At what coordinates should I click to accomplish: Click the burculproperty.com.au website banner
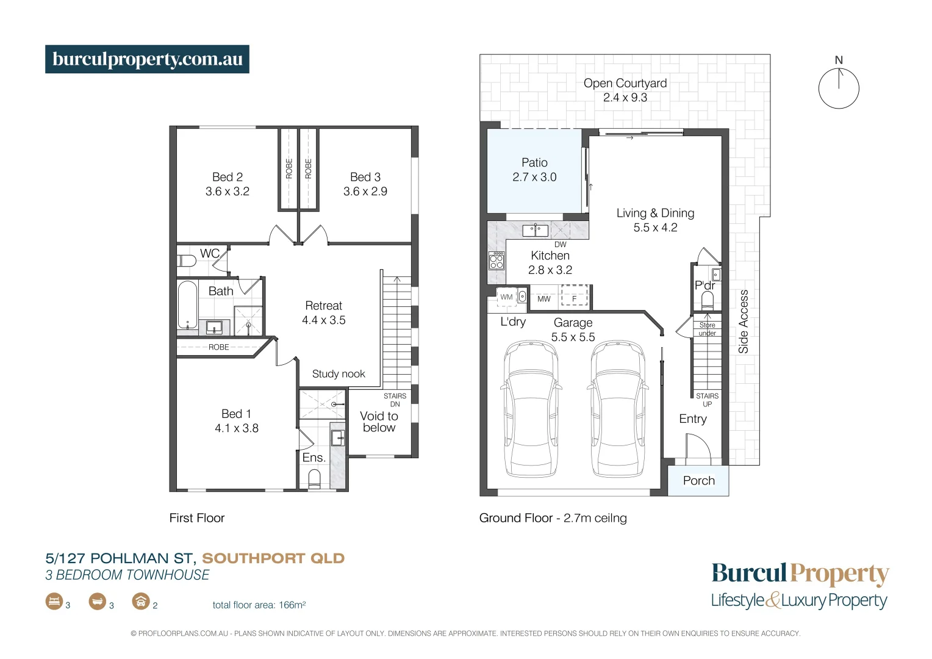pyautogui.click(x=147, y=59)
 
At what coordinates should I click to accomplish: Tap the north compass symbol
pyautogui.click(x=839, y=87)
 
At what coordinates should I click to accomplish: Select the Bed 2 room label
pyautogui.click(x=228, y=177)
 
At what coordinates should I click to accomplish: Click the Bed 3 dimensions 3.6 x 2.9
pyautogui.click(x=365, y=192)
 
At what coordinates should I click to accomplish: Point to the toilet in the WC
pyautogui.click(x=187, y=261)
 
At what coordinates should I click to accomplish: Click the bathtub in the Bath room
pyautogui.click(x=187, y=304)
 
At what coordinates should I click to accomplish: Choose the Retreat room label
pyautogui.click(x=323, y=306)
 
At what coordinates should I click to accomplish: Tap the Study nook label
pyautogui.click(x=339, y=374)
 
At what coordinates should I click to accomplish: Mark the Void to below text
pyautogui.click(x=379, y=422)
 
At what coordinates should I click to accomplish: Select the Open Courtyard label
pyautogui.click(x=625, y=84)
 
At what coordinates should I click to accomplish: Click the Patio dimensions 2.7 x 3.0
pyautogui.click(x=534, y=178)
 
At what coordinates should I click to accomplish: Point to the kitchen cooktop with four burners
pyautogui.click(x=496, y=261)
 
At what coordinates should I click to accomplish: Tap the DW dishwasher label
pyautogui.click(x=561, y=245)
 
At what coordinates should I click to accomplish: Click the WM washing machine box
pyautogui.click(x=506, y=297)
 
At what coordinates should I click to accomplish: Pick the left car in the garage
pyautogui.click(x=531, y=410)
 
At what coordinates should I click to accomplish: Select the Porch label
pyautogui.click(x=698, y=481)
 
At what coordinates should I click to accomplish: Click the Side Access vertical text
pyautogui.click(x=743, y=322)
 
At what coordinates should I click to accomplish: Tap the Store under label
pyautogui.click(x=707, y=329)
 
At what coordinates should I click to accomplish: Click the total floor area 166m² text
pyautogui.click(x=259, y=605)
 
